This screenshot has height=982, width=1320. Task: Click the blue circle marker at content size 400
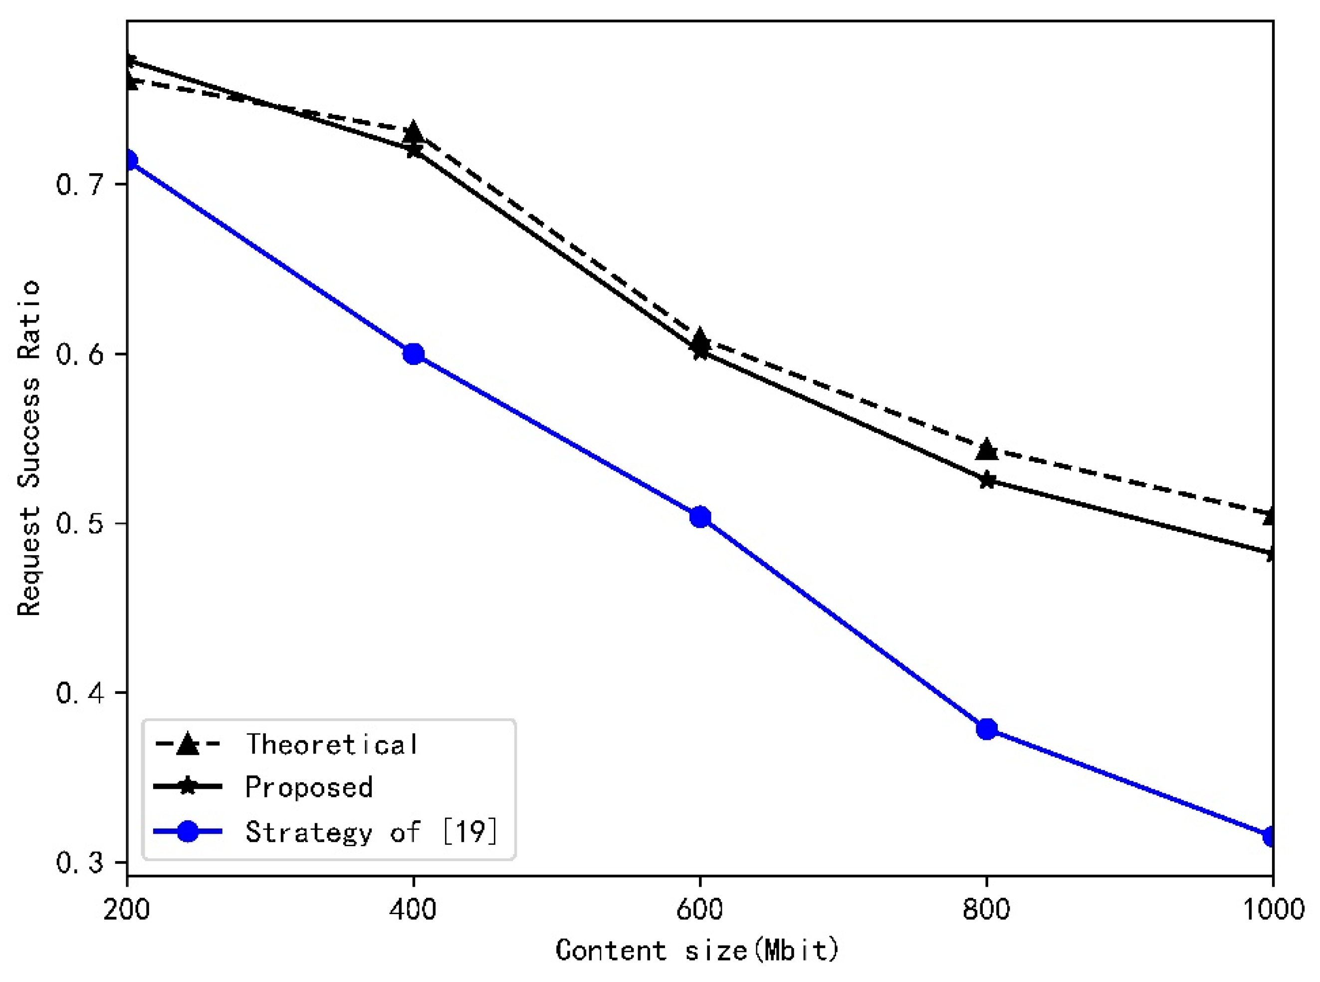pos(413,354)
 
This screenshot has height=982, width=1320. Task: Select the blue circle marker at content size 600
pos(700,517)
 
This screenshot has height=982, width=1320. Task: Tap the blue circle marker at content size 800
pos(987,729)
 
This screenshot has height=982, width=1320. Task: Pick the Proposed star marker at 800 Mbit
pos(987,480)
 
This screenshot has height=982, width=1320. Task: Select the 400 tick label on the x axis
pos(413,910)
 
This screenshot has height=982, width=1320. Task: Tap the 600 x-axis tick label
pos(700,910)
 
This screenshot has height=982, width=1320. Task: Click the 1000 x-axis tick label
pos(1271,910)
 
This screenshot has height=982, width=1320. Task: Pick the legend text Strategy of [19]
pos(372,832)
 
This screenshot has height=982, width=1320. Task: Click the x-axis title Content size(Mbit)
pos(698,950)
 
